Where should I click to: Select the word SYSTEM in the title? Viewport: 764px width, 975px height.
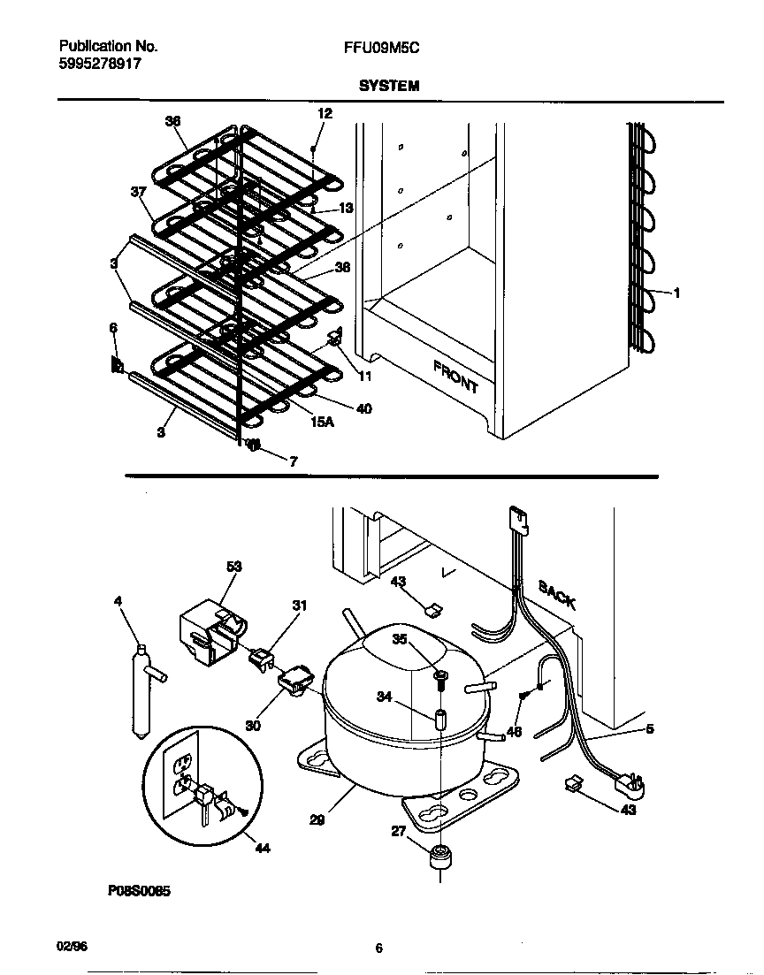click(388, 86)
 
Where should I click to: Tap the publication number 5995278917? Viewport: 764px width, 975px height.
click(99, 65)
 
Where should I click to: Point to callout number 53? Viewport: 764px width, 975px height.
click(233, 567)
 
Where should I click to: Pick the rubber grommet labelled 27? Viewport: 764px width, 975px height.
click(439, 857)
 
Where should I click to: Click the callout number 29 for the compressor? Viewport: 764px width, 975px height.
click(317, 819)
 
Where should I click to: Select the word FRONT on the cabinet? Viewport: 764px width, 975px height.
click(456, 377)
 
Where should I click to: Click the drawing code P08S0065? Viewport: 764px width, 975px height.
click(139, 892)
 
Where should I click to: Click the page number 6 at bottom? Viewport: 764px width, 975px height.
click(378, 948)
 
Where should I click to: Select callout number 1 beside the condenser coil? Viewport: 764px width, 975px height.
click(676, 293)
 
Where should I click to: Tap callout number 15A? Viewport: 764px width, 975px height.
click(322, 423)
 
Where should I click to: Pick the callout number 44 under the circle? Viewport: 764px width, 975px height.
click(262, 849)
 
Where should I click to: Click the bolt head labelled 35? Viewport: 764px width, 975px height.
click(440, 678)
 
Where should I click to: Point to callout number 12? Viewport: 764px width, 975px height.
click(325, 113)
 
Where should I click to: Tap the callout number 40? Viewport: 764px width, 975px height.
click(363, 408)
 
